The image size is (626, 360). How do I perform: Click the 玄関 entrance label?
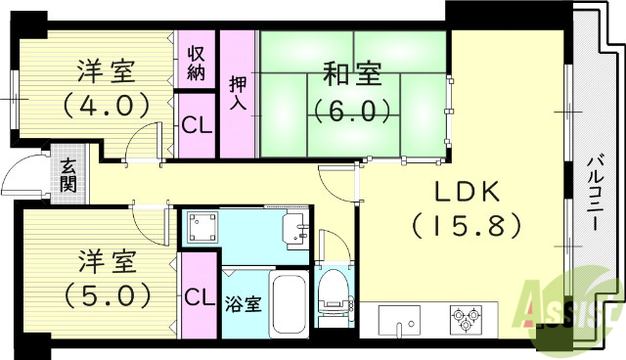click(68, 176)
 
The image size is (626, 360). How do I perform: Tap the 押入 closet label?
click(237, 94)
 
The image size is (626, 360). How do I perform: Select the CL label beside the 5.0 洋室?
click(199, 295)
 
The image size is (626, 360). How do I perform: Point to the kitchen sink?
click(399, 320)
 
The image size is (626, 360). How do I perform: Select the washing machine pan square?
click(203, 226)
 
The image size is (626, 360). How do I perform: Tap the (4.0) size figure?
click(107, 102)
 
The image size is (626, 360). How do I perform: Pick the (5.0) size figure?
click(107, 292)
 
